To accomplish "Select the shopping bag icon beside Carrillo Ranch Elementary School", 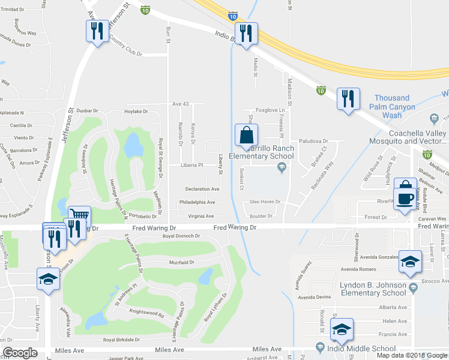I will (x=247, y=136).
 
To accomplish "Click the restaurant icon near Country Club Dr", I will (x=97, y=31).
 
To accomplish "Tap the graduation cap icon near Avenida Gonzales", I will (x=411, y=262).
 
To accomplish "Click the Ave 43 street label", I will (x=181, y=104).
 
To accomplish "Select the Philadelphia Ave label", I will (x=197, y=202).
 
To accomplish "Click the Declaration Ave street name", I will (x=201, y=189).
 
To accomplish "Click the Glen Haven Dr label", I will (x=265, y=202).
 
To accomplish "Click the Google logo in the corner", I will (x=20, y=352).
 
